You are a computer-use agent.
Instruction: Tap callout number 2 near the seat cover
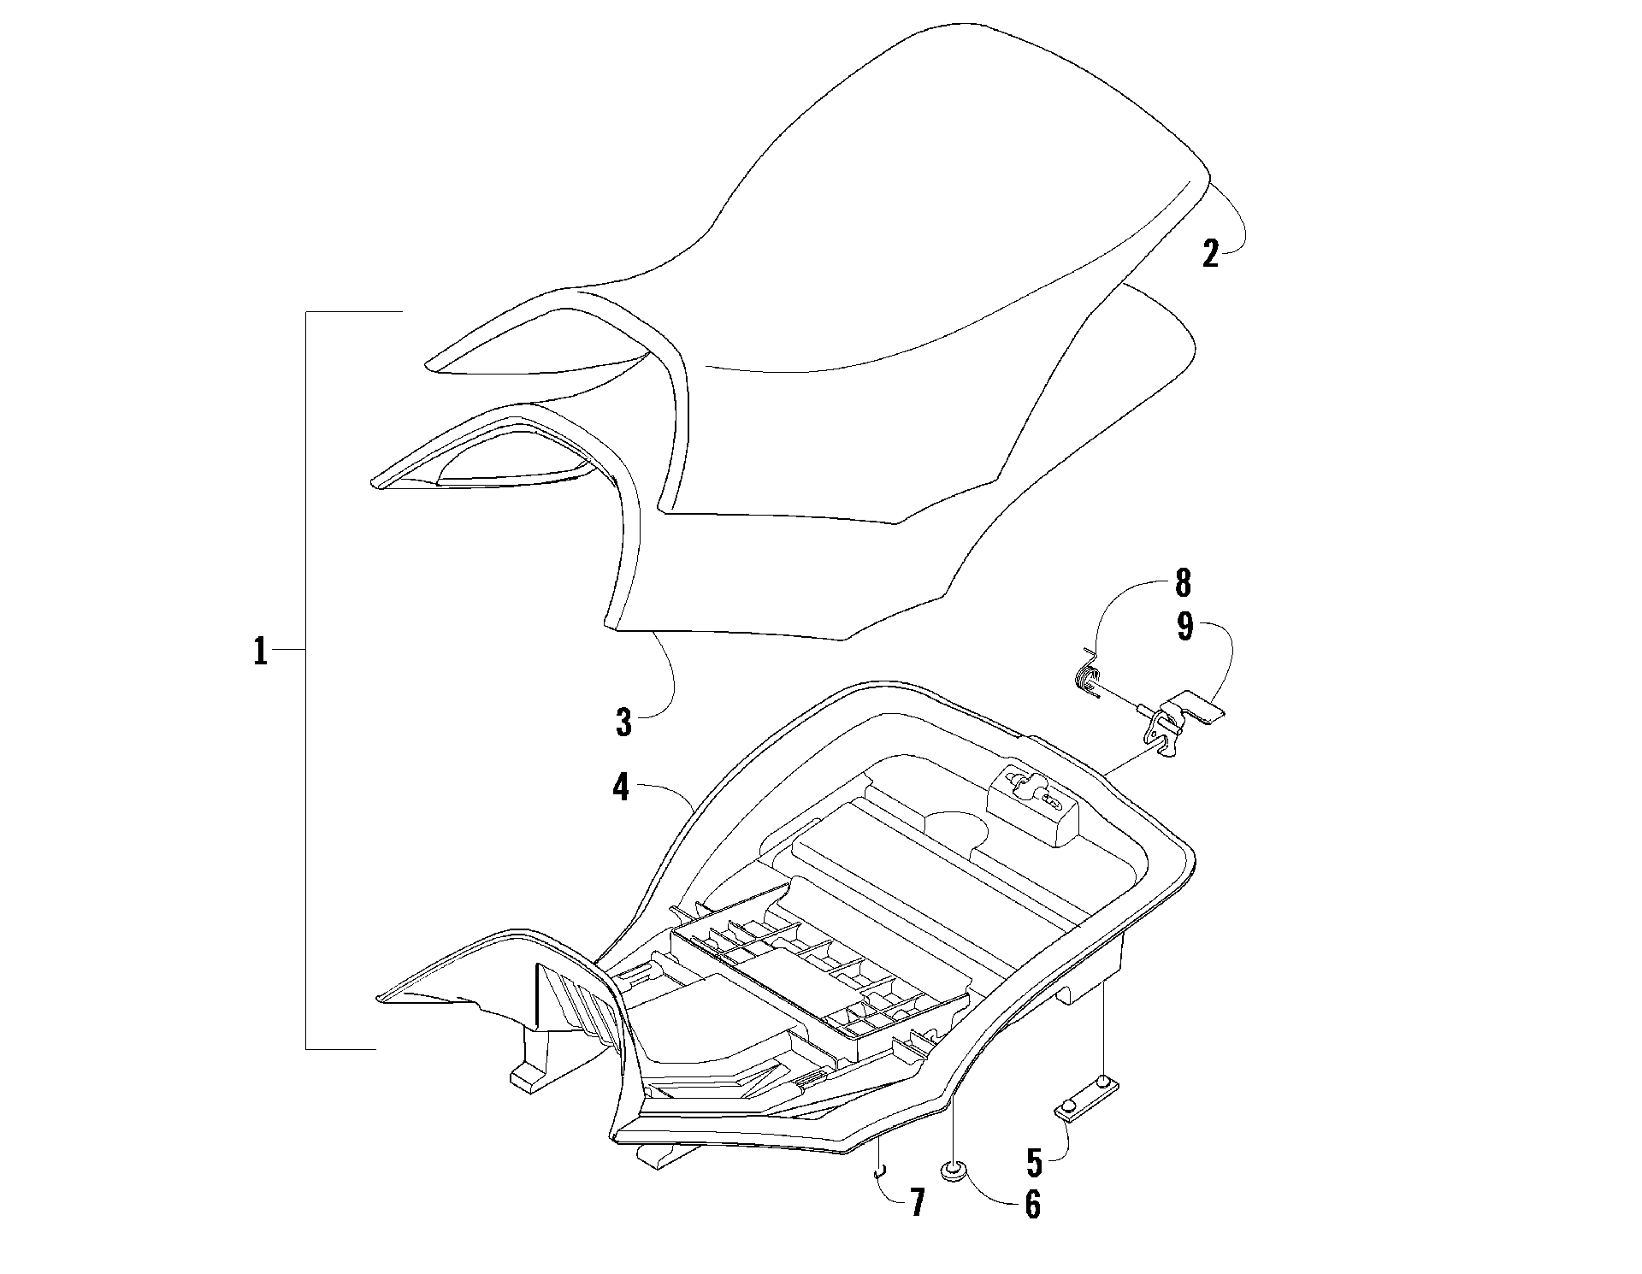click(1210, 255)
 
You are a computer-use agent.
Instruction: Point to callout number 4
click(621, 787)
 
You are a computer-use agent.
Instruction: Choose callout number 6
click(1032, 1204)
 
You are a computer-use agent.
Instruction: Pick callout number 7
click(916, 1203)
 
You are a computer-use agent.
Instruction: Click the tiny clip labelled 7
click(877, 1172)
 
